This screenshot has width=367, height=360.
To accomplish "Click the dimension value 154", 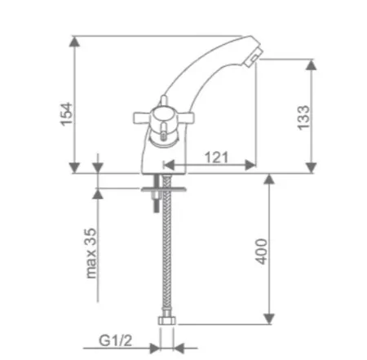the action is [67, 114].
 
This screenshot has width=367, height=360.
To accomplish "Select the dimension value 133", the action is [303, 118].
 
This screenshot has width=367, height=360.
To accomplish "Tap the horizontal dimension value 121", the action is [216, 157].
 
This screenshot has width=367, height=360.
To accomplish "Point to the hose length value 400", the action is [262, 251].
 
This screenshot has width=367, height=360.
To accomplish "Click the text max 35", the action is [91, 253].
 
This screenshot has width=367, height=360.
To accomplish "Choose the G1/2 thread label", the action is [115, 340].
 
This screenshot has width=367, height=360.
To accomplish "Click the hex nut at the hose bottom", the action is [167, 320].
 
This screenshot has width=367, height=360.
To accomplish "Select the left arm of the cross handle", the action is [142, 118].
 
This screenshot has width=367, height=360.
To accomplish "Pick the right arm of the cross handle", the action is [186, 117].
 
